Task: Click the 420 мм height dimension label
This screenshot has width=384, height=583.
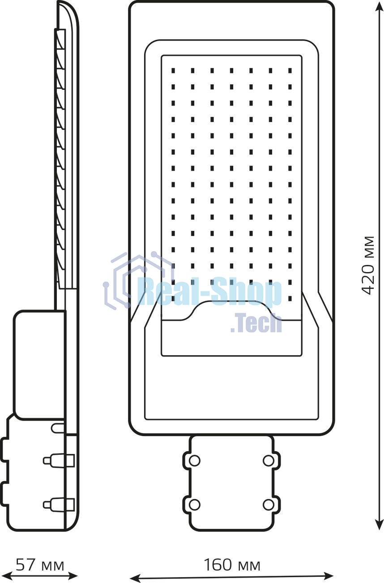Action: tap(369, 265)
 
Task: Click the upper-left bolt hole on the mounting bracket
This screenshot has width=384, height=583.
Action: tap(194, 461)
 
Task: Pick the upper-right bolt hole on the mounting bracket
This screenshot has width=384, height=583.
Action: tap(268, 461)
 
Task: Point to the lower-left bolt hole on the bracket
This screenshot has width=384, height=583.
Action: tap(194, 505)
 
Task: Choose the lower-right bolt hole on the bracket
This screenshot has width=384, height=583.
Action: tap(268, 505)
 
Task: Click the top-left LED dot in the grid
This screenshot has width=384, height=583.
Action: tap(173, 71)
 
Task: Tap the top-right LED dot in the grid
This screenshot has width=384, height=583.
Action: tap(290, 71)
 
